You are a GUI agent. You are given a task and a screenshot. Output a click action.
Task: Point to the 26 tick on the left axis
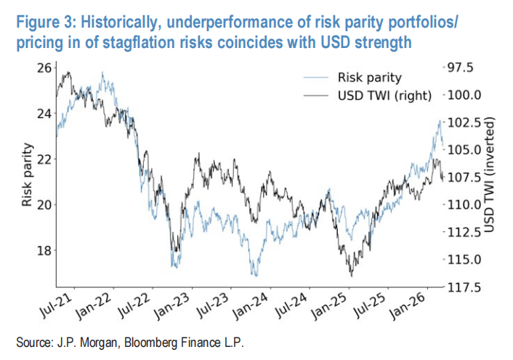point(45,68)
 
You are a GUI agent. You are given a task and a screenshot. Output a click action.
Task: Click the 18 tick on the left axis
point(45,250)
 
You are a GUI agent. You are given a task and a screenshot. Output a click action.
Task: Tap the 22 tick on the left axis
point(45,159)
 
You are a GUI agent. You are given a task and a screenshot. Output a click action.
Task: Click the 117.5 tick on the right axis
point(461,287)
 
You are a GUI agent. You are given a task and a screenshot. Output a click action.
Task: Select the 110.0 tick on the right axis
point(461,204)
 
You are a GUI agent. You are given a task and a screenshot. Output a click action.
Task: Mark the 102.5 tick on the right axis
point(461,122)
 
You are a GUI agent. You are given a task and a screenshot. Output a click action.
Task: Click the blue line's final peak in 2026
point(440,119)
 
